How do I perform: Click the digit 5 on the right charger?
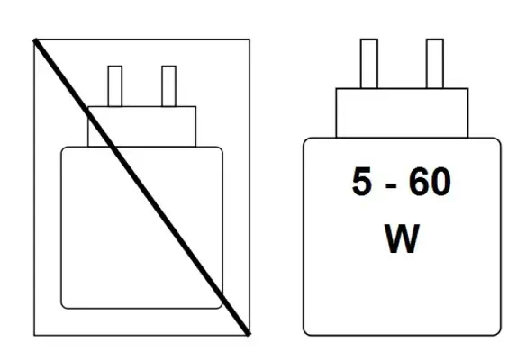tap(362, 181)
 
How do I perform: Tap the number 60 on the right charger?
tap(430, 181)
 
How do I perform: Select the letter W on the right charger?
tap(402, 238)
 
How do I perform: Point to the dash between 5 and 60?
tap(391, 185)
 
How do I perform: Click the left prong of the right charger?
tap(369, 64)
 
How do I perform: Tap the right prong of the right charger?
tap(435, 64)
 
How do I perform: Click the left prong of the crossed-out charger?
tap(115, 86)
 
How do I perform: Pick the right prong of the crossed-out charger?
tap(168, 86)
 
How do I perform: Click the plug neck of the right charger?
tap(402, 113)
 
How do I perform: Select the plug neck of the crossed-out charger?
tap(142, 127)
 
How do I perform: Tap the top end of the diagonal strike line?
tap(34, 40)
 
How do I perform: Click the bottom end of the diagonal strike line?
tap(249, 334)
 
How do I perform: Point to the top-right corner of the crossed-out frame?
tap(249, 40)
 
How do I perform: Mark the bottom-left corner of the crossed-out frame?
tap(34, 335)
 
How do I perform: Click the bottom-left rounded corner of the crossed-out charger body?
tap(63, 306)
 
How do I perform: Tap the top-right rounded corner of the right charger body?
tap(498, 140)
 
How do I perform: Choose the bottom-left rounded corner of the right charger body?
tap(305, 332)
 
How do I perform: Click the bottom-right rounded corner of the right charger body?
tap(498, 332)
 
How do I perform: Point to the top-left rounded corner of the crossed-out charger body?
tap(63, 148)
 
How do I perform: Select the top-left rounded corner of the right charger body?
tap(305, 140)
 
